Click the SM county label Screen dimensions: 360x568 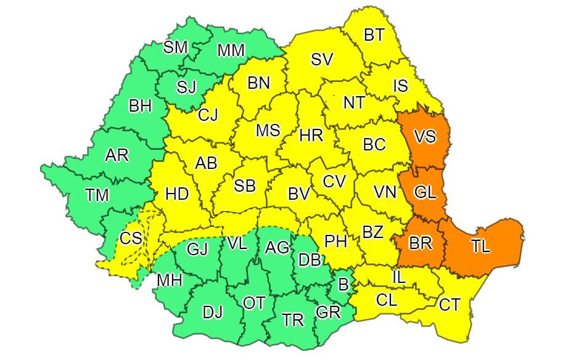[175, 48]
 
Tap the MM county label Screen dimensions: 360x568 [231, 50]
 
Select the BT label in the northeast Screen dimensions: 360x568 [374, 35]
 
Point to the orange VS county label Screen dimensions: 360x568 [425, 137]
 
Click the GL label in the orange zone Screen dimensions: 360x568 [425, 192]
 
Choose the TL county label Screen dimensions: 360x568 [480, 247]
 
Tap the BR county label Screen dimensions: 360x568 [420, 243]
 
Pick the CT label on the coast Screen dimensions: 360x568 [449, 304]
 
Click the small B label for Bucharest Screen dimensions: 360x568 [343, 285]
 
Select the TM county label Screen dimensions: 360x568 [97, 195]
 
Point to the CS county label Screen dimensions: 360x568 [130, 238]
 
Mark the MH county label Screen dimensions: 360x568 [169, 280]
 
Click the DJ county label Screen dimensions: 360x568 [212, 313]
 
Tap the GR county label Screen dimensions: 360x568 [327, 312]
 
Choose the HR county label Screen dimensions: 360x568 [311, 136]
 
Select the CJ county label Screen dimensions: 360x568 [208, 115]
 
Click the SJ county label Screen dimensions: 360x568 [186, 87]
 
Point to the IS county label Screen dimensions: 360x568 [400, 86]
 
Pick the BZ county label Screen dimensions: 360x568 [372, 232]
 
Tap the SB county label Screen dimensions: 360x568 [245, 186]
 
